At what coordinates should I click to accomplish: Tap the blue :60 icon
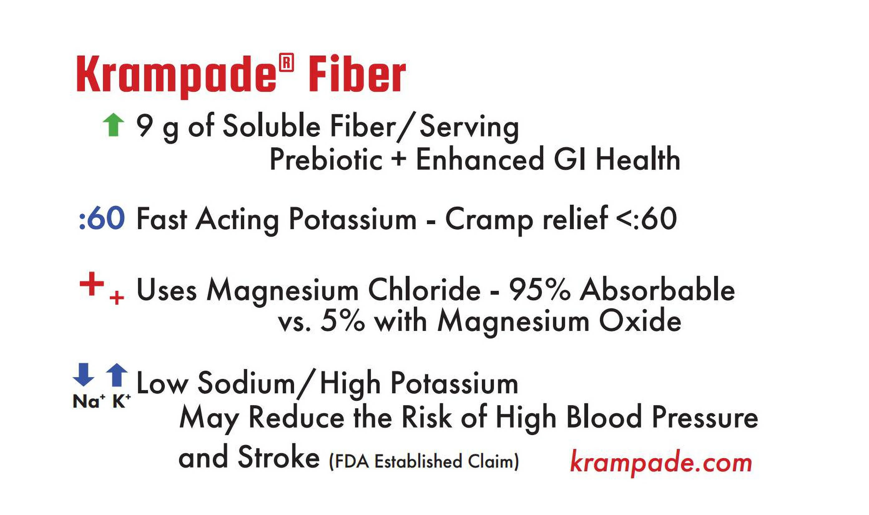(x=102, y=218)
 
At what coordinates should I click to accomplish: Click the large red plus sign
(x=92, y=284)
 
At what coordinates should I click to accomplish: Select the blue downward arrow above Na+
(x=84, y=375)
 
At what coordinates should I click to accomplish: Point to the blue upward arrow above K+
(x=117, y=375)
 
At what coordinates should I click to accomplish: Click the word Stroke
(x=279, y=457)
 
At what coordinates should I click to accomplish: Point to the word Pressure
(x=705, y=418)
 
